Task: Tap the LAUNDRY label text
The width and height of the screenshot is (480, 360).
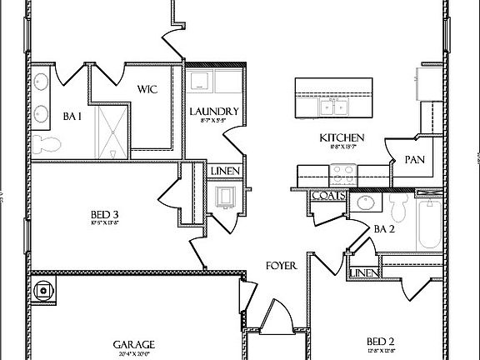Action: [x=214, y=112]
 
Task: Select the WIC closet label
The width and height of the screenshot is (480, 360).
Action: [x=147, y=89]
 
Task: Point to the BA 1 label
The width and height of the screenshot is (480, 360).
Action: [x=72, y=117]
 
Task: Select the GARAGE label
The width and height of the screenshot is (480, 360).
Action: [x=133, y=342]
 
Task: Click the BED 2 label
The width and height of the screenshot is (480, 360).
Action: [x=380, y=340]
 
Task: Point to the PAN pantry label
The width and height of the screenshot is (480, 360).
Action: [x=415, y=159]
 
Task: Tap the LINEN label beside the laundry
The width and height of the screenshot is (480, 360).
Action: [x=225, y=172]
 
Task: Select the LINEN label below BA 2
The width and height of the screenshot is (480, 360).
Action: [x=362, y=273]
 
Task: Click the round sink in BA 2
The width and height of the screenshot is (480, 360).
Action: [x=363, y=202]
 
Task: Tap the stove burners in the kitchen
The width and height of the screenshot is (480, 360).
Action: [x=344, y=176]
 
